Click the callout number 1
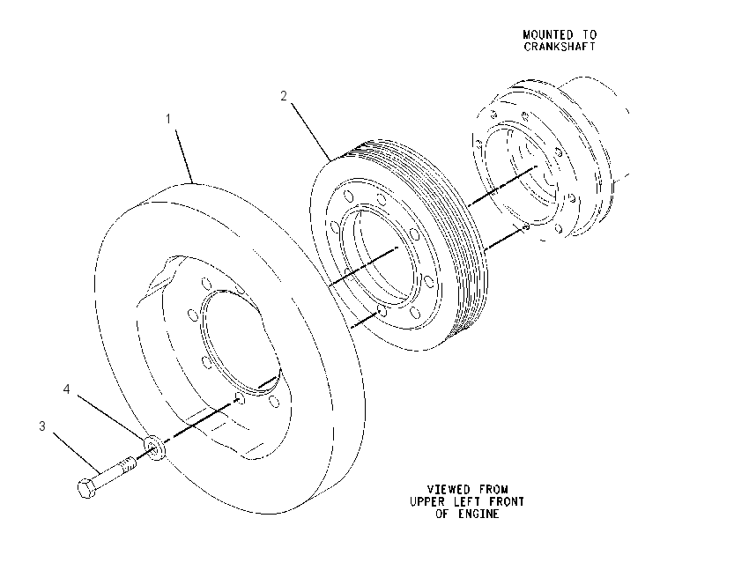168,118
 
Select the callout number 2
284,96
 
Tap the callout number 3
42,426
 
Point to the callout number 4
66,389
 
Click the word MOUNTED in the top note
548,35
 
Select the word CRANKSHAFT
560,47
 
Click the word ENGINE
478,514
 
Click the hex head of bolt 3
86,488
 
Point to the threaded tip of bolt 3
130,463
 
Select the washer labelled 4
154,448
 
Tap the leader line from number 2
311,132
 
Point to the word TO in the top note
589,35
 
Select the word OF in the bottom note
442,514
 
